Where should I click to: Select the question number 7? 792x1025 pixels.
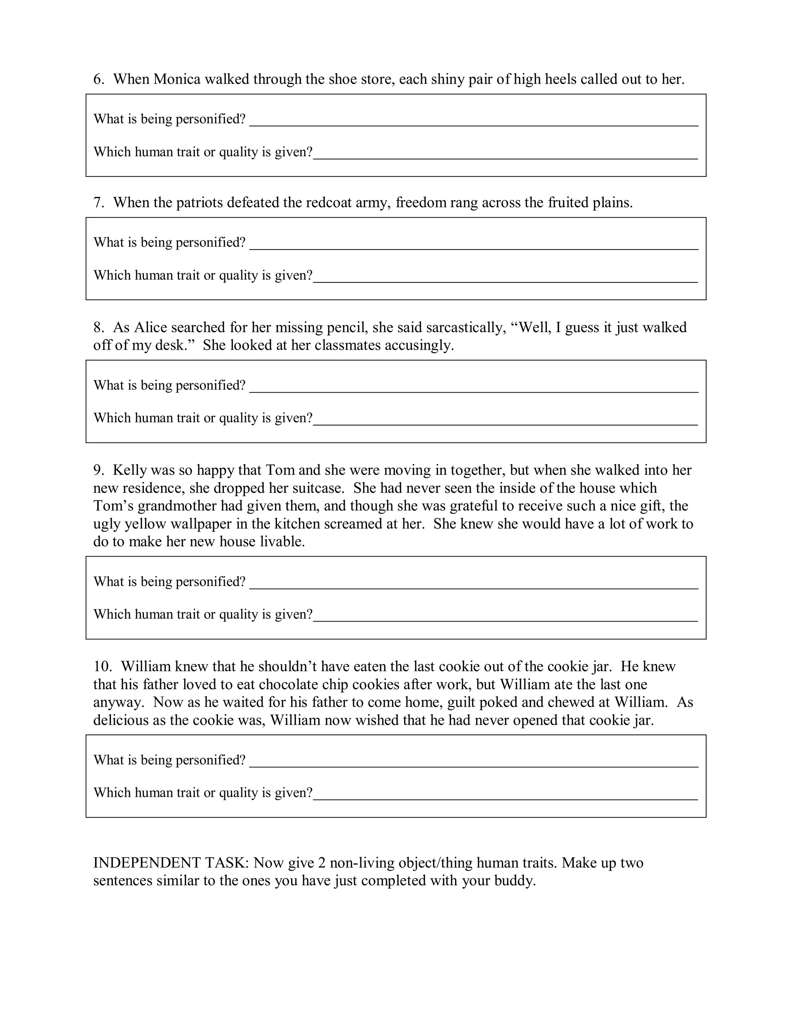[x=98, y=203]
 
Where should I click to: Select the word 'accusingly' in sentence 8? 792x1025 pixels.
[x=418, y=345]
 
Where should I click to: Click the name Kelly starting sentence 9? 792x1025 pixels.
[x=130, y=470]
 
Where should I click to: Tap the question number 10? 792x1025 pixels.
[x=102, y=666]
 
